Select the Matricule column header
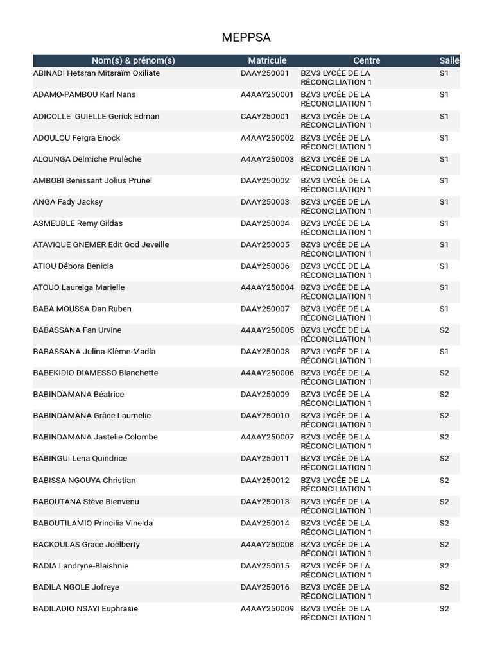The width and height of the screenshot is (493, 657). [267, 60]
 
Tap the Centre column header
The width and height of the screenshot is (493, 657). [367, 60]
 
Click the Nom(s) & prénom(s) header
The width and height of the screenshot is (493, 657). [134, 60]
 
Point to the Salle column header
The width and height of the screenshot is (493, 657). [449, 60]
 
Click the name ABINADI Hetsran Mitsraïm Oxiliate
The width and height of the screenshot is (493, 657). [96, 73]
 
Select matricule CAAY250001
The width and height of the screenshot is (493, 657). [264, 116]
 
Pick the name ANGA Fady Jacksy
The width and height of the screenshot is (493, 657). [67, 202]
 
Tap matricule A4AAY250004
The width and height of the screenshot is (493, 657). [267, 287]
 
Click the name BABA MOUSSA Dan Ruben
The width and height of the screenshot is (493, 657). [82, 309]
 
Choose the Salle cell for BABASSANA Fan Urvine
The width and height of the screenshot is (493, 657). [444, 330]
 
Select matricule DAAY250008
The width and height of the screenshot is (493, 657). [264, 352]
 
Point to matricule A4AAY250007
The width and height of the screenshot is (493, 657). [267, 437]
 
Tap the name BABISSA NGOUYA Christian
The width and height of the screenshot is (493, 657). [84, 480]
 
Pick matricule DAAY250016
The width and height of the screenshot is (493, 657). [264, 587]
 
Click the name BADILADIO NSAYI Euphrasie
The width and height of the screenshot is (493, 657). [85, 608]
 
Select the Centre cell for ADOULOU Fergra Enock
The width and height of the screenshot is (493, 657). [336, 142]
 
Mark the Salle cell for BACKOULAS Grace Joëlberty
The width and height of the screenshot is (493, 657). [444, 544]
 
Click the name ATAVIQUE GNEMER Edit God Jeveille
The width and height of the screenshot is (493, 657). [101, 244]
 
